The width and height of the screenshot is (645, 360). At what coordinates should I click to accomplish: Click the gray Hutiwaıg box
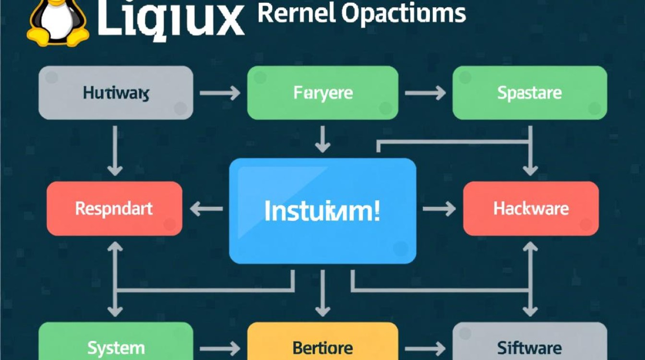(x=116, y=93)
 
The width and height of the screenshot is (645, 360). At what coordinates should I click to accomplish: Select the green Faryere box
(x=322, y=93)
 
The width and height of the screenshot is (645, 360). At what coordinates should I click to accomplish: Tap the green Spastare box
(x=529, y=93)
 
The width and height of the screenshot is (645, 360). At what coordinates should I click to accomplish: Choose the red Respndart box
(x=114, y=208)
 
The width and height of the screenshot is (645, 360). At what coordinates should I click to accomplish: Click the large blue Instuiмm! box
(x=322, y=211)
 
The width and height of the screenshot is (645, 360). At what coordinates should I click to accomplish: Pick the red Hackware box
(x=531, y=208)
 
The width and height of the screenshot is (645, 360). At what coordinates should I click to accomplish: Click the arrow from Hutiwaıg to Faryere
(x=220, y=93)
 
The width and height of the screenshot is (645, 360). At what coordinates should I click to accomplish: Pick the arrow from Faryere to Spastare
(x=425, y=93)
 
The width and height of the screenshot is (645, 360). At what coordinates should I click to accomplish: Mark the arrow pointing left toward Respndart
(x=207, y=209)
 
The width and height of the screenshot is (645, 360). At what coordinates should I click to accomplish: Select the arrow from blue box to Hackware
(x=439, y=209)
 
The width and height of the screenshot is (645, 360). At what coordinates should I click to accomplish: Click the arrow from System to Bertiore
(x=220, y=348)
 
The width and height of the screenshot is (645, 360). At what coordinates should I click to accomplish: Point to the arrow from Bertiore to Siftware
(x=425, y=348)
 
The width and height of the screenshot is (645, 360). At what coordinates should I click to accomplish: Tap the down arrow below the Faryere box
(x=322, y=139)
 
